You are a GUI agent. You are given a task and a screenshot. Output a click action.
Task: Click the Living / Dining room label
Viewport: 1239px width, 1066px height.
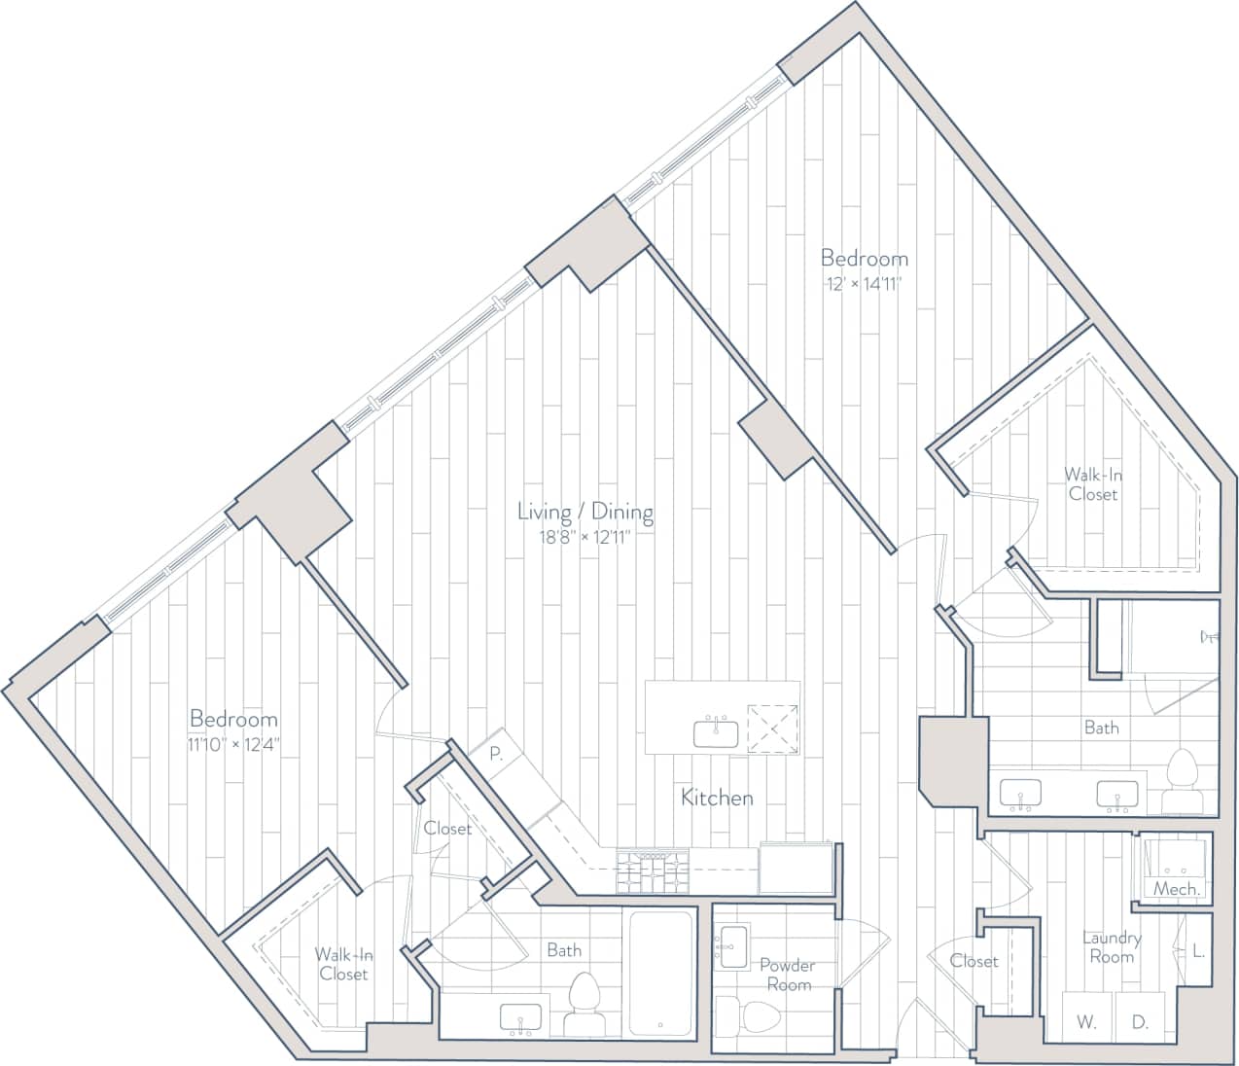point(584,512)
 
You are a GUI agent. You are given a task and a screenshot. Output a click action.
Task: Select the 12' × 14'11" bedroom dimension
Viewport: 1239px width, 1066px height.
point(865,284)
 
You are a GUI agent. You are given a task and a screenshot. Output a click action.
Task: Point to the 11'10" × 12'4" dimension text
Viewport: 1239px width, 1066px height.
point(233,745)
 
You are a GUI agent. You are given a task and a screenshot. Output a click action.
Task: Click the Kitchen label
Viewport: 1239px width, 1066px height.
point(717,799)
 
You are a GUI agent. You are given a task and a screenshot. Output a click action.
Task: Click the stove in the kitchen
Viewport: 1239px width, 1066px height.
point(652,871)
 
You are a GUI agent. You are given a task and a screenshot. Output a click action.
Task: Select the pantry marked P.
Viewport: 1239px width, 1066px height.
point(495,751)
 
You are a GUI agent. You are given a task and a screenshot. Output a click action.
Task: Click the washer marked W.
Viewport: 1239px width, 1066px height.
point(1086,1022)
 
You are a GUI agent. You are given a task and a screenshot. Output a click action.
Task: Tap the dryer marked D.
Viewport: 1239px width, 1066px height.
point(1140,1022)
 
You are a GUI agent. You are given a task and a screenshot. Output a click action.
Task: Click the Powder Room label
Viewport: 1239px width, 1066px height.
point(788,975)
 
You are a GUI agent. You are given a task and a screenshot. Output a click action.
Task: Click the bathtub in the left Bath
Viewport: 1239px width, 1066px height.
point(661,973)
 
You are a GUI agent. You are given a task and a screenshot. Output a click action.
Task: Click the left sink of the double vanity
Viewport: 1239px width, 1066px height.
point(1020,794)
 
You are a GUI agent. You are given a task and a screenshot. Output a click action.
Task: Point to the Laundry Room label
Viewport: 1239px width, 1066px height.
point(1112,947)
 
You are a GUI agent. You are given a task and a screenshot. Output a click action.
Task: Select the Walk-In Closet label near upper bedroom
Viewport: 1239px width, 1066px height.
point(1092,484)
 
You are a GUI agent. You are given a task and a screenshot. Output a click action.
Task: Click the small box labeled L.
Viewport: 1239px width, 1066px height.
point(1198,951)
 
